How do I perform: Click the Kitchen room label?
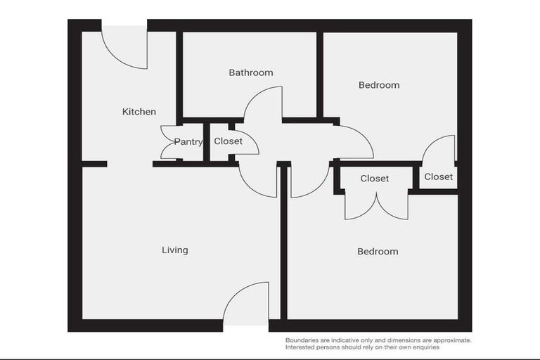point(139,112)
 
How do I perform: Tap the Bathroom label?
point(251,72)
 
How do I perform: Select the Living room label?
point(175,250)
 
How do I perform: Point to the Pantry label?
point(188,142)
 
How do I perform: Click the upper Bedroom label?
point(379,85)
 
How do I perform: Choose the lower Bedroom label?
point(378,252)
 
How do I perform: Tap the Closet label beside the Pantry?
point(229,141)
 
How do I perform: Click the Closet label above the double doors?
point(375,179)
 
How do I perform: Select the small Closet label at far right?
point(439,176)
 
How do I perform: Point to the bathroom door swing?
point(266,104)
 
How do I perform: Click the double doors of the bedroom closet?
point(376,205)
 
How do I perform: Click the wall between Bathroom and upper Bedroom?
point(320,74)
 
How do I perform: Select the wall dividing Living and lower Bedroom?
point(283,243)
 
